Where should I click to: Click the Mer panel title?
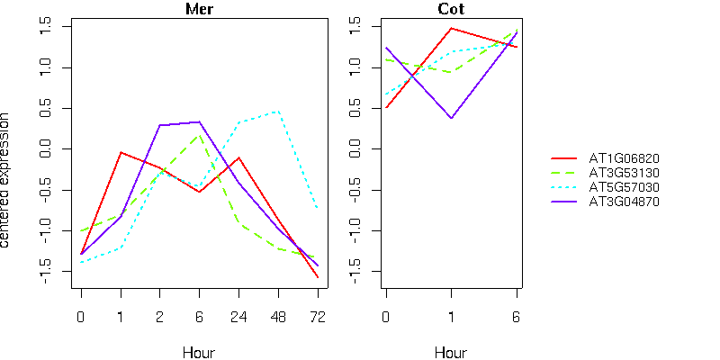click(x=199, y=9)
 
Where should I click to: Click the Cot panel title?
click(x=451, y=9)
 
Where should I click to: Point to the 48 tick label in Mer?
click(x=278, y=317)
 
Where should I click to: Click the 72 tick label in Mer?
click(x=318, y=317)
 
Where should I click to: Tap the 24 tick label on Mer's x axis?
click(x=238, y=317)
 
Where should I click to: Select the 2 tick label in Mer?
click(x=160, y=317)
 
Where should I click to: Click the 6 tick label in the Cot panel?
click(x=517, y=317)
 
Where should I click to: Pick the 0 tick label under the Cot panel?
click(x=386, y=317)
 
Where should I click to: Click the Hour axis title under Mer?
click(x=199, y=353)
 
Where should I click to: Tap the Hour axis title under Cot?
click(x=451, y=353)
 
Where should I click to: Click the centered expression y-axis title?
click(x=4, y=181)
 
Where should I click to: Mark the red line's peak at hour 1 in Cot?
click(x=452, y=29)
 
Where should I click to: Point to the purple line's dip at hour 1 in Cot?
click(x=452, y=118)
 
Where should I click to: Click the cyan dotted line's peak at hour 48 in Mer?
click(x=278, y=112)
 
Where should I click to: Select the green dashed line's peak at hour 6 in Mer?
click(x=199, y=136)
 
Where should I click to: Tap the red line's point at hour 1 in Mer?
click(x=121, y=152)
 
